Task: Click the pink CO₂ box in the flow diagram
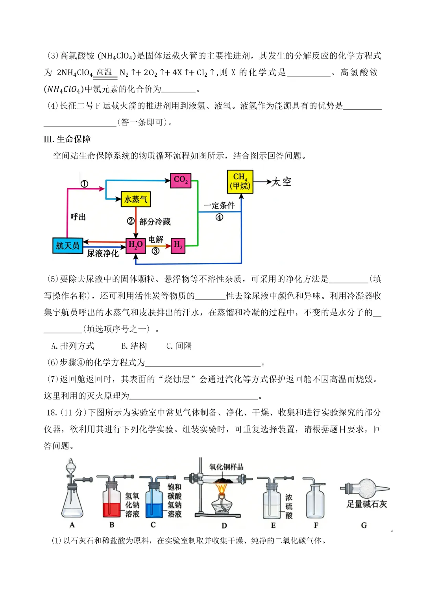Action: (x=181, y=180)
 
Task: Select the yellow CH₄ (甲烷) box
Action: (x=240, y=181)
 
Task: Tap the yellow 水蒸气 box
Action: (x=136, y=200)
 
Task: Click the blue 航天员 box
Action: (x=68, y=246)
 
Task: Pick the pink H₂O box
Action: (x=135, y=245)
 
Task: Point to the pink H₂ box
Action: (x=178, y=246)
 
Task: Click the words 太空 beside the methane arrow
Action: (x=282, y=182)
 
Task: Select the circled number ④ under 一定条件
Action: (x=219, y=217)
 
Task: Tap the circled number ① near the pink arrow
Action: (x=84, y=184)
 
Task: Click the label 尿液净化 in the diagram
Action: (x=103, y=254)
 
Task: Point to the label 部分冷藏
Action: (x=155, y=222)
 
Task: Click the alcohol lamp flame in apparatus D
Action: (x=222, y=489)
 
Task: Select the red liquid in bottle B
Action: (x=112, y=509)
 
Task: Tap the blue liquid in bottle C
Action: (x=154, y=509)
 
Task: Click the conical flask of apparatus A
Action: (x=72, y=504)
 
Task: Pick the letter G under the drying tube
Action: (x=364, y=525)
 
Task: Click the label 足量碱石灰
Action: (x=367, y=504)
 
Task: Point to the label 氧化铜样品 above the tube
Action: (x=226, y=467)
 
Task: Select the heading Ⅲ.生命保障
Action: (x=67, y=139)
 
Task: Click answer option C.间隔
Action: (x=179, y=346)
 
